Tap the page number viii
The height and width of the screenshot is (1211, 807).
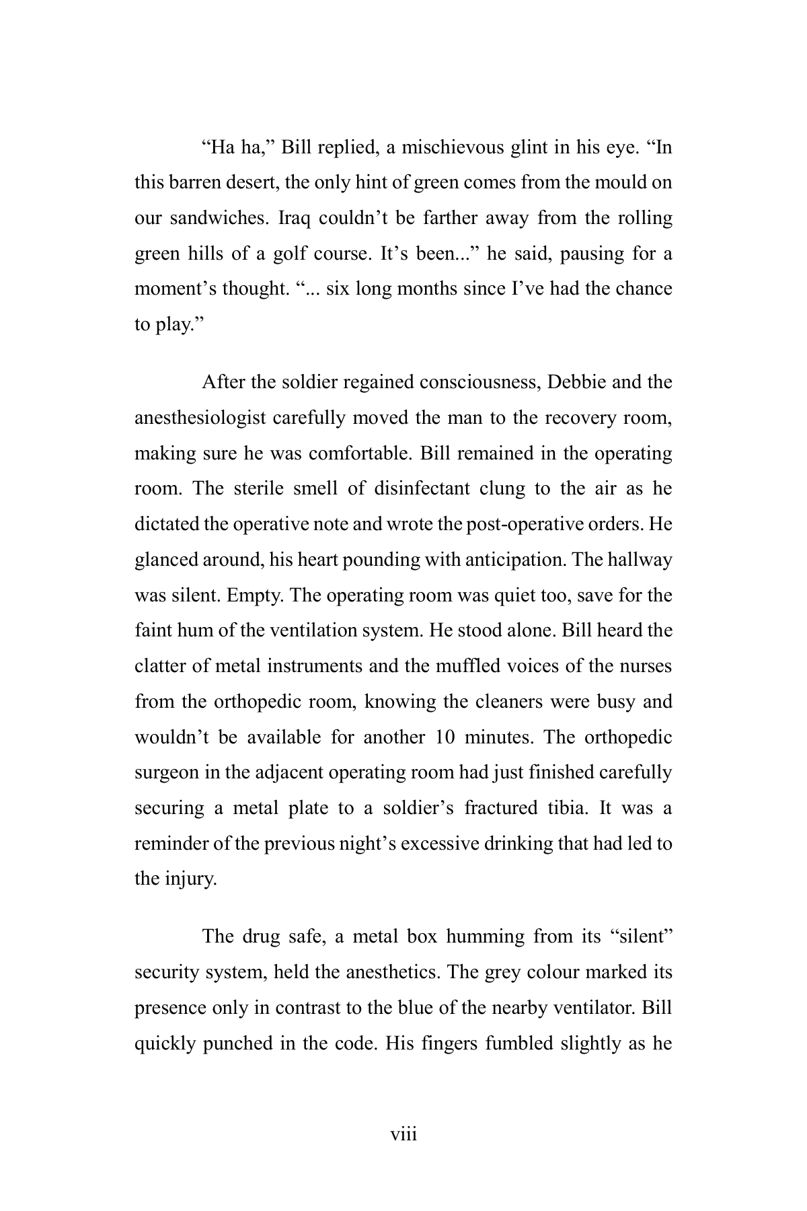403,1135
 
